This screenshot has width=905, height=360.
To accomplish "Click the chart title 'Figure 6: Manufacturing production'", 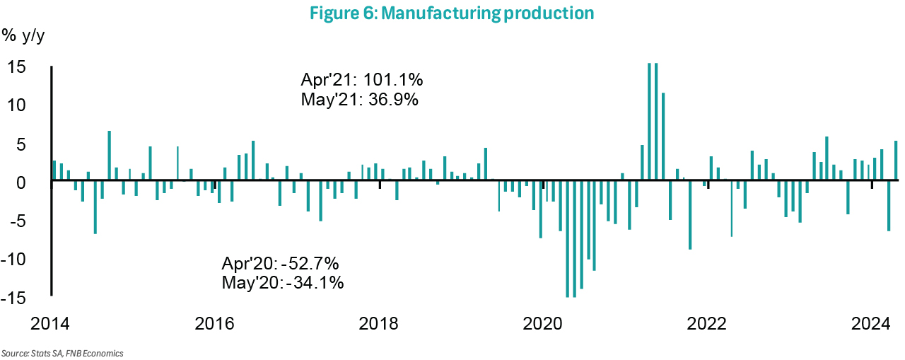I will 452,13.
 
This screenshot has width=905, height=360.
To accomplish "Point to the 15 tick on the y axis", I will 16,67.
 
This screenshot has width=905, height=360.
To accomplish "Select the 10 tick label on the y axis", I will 16,105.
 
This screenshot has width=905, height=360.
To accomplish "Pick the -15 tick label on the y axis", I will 14,298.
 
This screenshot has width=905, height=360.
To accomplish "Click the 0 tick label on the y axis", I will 21,182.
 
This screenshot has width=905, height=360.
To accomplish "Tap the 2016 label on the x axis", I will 214,324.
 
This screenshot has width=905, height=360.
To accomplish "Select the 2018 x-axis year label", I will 379,324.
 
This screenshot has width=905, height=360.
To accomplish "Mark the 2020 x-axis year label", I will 543,324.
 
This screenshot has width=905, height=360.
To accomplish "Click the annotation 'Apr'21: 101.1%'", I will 362,79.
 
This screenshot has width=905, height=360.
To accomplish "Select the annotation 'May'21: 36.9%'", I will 360,100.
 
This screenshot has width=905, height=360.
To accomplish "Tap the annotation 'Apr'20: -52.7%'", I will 281,264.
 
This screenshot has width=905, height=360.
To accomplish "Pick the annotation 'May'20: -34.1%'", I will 283,284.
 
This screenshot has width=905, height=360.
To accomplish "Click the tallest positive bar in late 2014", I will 110,156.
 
